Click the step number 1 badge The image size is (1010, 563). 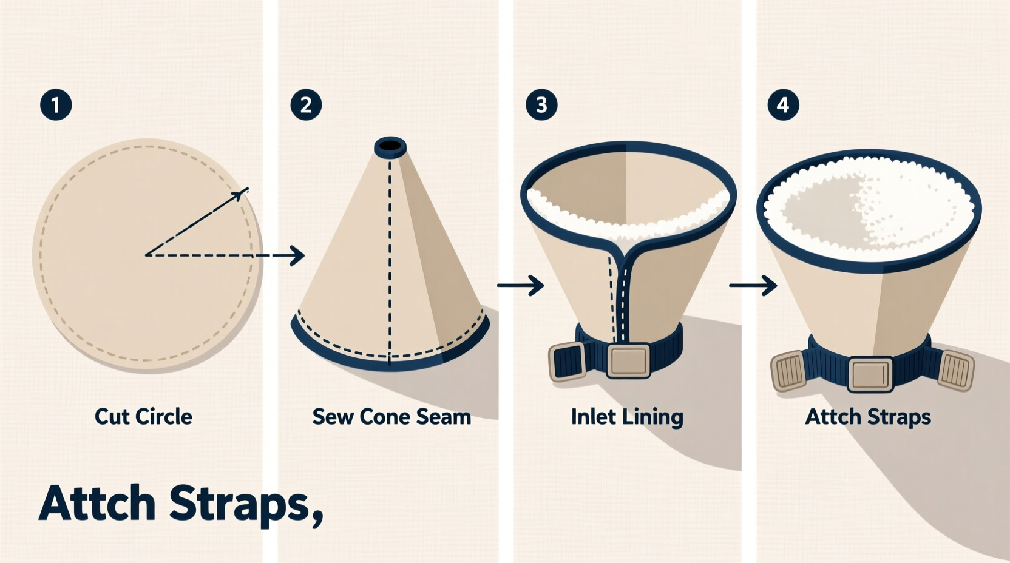click(x=56, y=105)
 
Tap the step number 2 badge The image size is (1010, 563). click(x=306, y=105)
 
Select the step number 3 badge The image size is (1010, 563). click(x=541, y=105)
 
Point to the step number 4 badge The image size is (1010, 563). click(x=783, y=105)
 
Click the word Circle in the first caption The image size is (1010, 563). click(x=164, y=417)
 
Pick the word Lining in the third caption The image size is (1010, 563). click(x=654, y=417)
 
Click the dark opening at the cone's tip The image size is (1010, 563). click(x=390, y=147)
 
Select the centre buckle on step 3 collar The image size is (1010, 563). click(x=628, y=361)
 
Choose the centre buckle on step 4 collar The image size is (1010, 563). click(x=870, y=374)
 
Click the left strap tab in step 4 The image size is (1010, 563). click(x=788, y=371)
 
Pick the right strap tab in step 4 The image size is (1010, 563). click(x=956, y=369)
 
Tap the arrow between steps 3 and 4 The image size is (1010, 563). click(x=753, y=285)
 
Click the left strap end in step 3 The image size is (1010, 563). click(x=567, y=362)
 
